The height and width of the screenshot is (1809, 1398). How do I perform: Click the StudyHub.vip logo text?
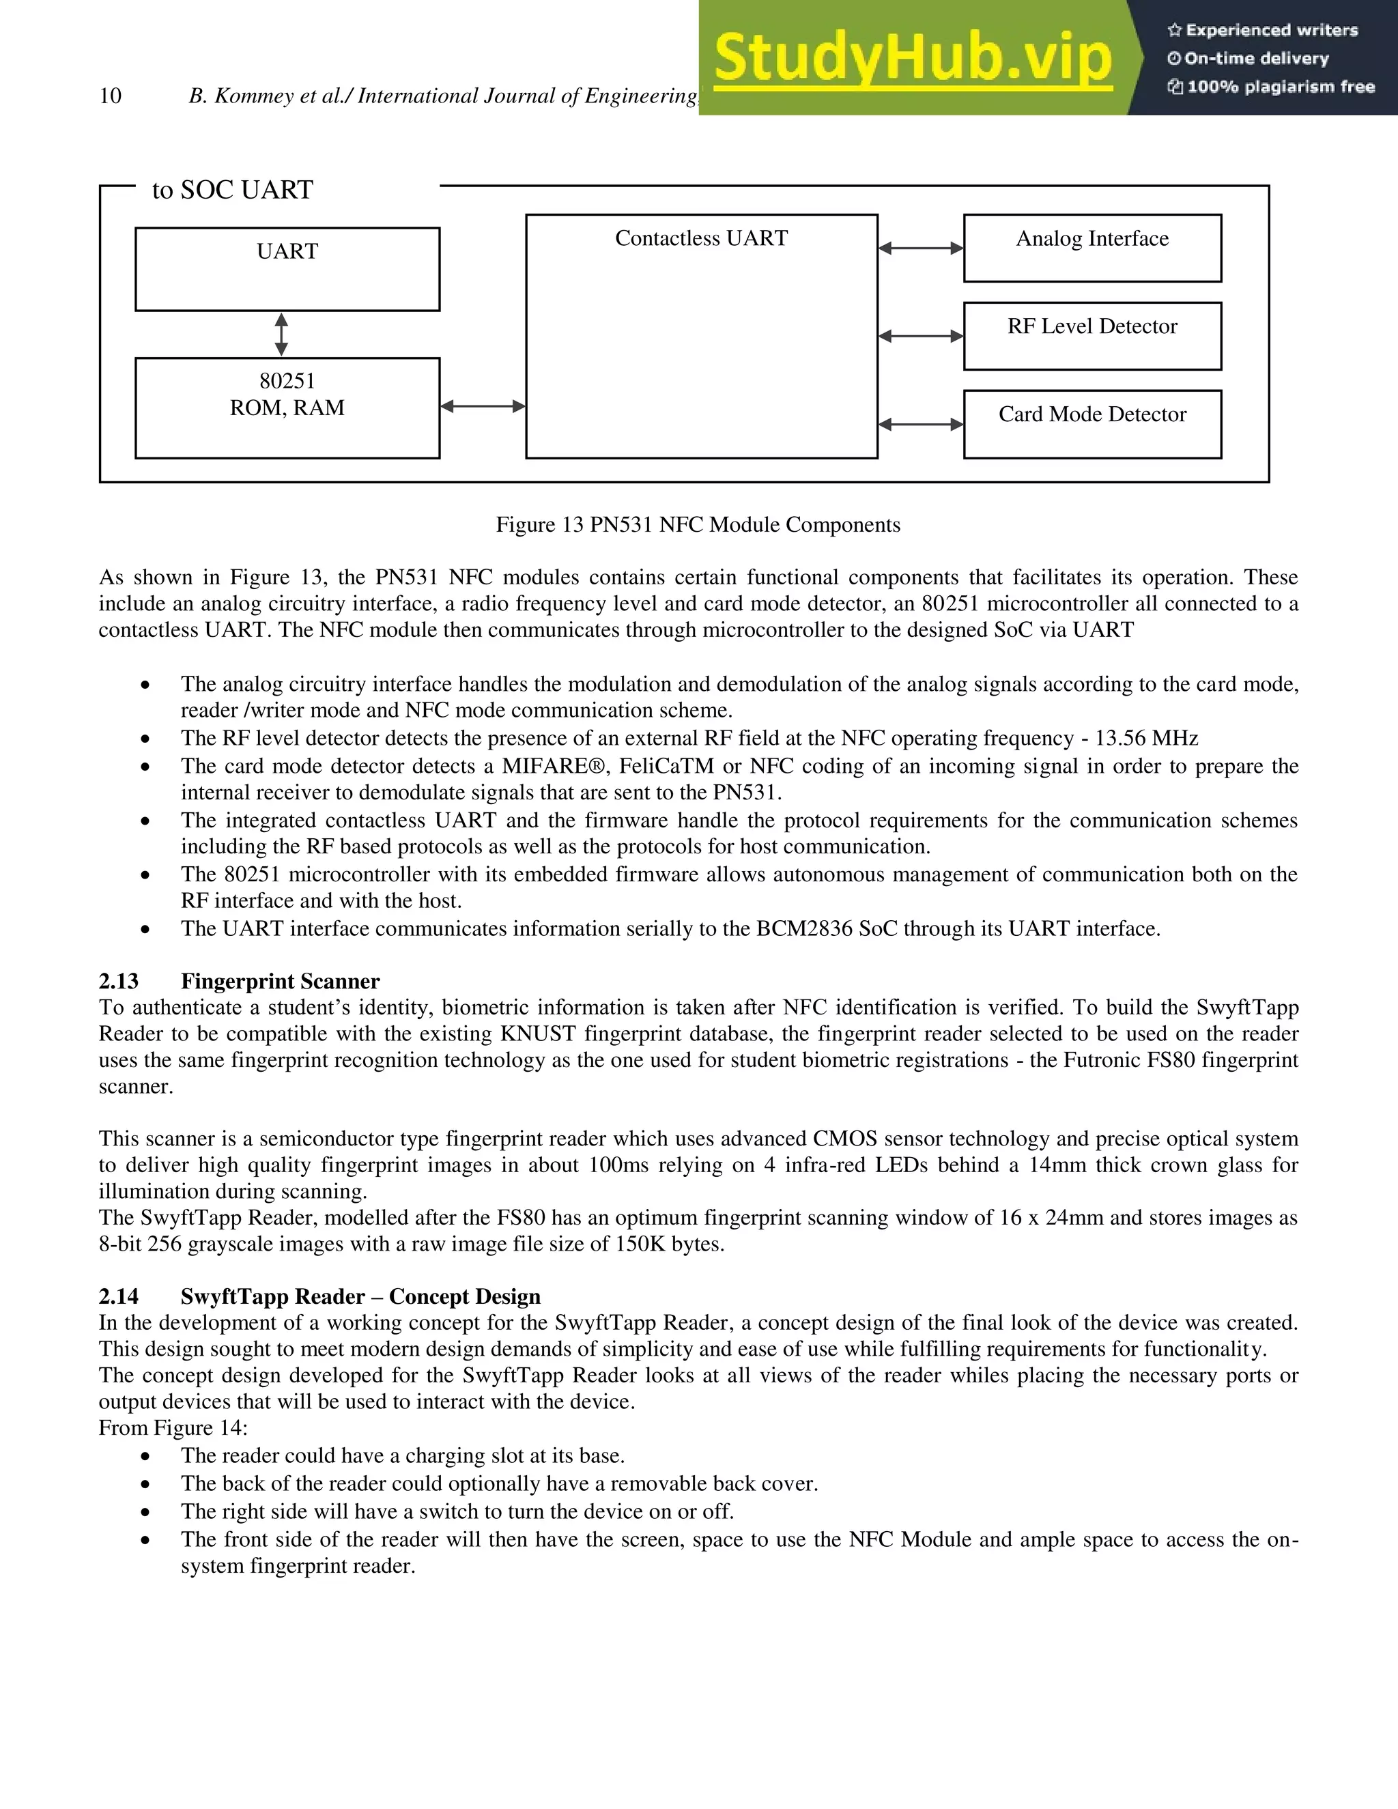point(912,57)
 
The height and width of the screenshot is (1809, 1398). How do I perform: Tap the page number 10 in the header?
point(110,96)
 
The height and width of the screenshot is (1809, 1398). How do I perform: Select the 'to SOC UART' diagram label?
point(232,190)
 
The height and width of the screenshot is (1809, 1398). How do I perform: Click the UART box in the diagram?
point(287,269)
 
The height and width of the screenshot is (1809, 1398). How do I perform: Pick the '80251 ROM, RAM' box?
point(287,407)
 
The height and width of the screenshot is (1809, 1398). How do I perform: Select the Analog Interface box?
point(1092,248)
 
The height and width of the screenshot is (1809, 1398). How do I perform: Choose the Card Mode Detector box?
point(1092,423)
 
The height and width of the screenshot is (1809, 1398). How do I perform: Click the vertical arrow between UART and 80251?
point(282,334)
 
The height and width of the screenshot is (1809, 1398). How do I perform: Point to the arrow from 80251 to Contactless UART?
point(483,406)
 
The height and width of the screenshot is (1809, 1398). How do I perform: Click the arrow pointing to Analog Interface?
point(920,248)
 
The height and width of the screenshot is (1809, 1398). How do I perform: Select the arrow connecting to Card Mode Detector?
point(920,424)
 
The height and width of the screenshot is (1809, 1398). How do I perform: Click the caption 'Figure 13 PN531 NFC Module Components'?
point(698,524)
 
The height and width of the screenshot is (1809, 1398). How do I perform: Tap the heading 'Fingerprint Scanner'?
point(280,982)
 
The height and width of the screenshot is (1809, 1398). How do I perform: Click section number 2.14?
point(118,1296)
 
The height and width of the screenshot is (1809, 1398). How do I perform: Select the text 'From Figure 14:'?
point(173,1428)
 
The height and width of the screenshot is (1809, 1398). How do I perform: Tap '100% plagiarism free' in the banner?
point(1281,87)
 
